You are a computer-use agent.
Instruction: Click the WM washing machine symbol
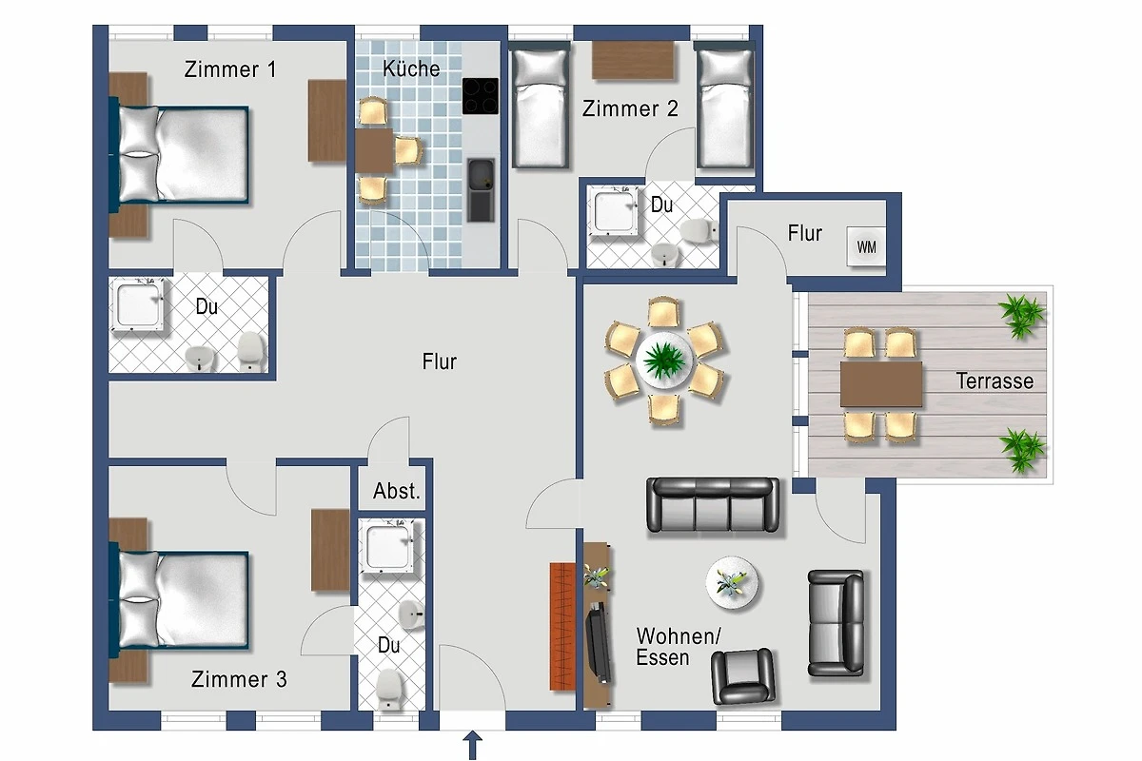866,246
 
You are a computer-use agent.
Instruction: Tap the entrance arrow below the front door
473,745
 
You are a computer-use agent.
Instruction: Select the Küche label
411,68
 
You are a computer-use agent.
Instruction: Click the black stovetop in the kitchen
481,96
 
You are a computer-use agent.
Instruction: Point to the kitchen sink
481,190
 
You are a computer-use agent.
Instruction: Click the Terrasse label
994,381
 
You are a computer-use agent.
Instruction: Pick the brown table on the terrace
881,383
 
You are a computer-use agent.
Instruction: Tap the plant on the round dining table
663,361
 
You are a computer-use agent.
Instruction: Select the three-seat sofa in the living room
713,505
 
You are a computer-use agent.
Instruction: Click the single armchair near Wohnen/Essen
743,676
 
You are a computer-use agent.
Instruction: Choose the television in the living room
598,643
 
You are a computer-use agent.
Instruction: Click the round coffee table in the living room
732,582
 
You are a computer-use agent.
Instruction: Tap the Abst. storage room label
397,491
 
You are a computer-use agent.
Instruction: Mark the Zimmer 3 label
239,679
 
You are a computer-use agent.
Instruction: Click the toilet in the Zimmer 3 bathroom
389,688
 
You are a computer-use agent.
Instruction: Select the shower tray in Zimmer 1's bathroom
138,304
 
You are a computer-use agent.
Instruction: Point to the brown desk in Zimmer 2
633,60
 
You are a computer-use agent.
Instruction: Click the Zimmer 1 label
230,69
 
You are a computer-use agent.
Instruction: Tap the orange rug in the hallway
562,627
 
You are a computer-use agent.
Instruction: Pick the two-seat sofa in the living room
836,623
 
